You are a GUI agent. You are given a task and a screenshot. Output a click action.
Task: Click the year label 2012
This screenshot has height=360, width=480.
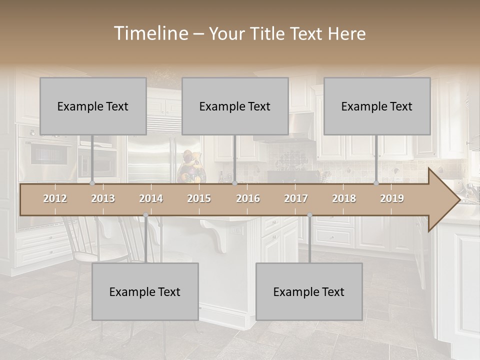tap(55, 198)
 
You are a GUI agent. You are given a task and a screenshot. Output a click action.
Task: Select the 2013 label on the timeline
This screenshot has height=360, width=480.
tap(103, 198)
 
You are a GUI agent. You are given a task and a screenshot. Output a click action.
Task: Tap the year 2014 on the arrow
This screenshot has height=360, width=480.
tap(151, 198)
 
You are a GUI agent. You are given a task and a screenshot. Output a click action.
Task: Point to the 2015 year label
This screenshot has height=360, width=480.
tap(199, 198)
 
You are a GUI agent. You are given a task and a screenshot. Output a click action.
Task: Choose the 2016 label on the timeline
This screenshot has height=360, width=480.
tap(248, 198)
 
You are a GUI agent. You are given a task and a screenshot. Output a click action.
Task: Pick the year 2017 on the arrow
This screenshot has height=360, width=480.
tap(296, 198)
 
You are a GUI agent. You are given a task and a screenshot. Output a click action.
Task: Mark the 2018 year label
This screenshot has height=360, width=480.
tap(344, 198)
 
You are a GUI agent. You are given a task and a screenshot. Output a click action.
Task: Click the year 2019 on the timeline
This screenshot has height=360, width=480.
tap(392, 198)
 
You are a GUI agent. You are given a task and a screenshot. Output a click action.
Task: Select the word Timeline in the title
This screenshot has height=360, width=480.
tap(150, 33)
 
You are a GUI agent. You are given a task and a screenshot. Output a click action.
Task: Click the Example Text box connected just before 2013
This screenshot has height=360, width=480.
tap(93, 106)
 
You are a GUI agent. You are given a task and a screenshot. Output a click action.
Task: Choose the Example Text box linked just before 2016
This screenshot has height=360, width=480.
tap(235, 106)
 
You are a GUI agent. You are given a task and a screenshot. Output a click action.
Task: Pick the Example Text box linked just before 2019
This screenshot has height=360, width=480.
tap(377, 106)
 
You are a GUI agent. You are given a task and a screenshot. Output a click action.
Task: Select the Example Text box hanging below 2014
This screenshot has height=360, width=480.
tap(145, 291)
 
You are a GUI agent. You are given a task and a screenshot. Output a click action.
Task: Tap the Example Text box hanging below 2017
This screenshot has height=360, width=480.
tap(309, 291)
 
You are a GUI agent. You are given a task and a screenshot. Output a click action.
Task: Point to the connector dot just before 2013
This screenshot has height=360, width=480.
tap(92, 183)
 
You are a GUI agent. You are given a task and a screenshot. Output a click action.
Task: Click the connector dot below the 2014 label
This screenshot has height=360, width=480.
tap(145, 215)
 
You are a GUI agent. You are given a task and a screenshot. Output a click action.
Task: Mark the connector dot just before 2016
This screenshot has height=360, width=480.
tap(234, 183)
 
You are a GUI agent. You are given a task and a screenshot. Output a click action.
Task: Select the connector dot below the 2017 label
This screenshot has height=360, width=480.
tap(309, 215)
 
